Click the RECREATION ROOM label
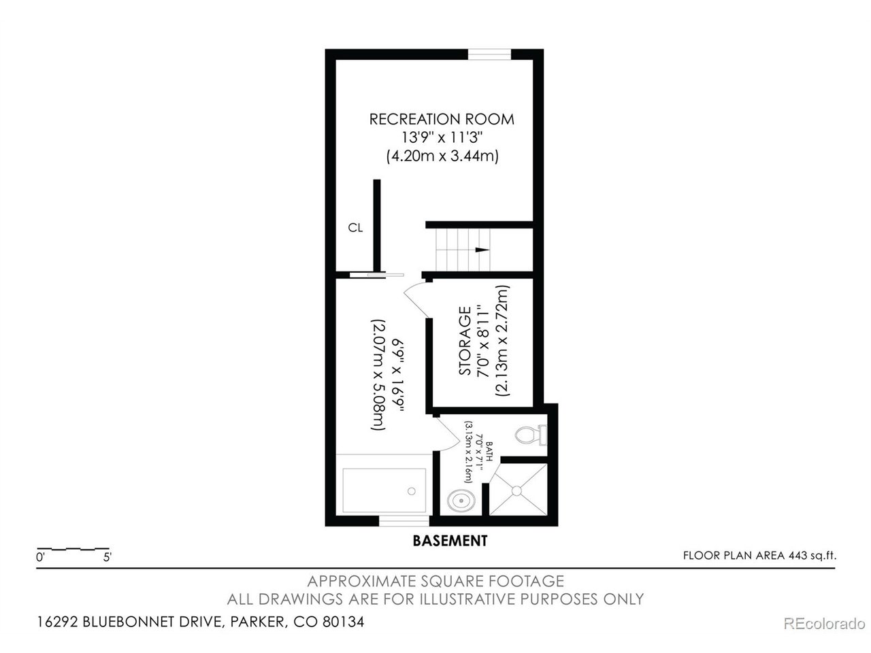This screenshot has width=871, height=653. (441, 119)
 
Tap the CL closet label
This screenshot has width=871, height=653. (355, 228)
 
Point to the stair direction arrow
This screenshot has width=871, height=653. (482, 250)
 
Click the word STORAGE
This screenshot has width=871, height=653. (465, 341)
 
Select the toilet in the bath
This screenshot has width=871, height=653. (531, 435)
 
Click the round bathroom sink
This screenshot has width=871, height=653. (461, 501)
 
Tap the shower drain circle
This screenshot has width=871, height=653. (516, 490)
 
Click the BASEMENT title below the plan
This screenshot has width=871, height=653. (450, 541)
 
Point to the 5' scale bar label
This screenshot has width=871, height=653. (107, 557)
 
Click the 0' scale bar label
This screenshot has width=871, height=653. (40, 557)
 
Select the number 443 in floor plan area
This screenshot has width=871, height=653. (798, 556)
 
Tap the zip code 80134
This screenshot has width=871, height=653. (343, 622)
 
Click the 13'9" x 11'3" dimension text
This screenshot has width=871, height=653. (442, 137)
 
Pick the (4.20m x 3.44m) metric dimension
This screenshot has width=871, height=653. (442, 156)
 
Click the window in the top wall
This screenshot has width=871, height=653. (489, 54)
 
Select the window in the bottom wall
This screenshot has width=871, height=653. (404, 520)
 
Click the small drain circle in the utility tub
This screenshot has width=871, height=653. (412, 491)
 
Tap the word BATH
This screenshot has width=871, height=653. (490, 452)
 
